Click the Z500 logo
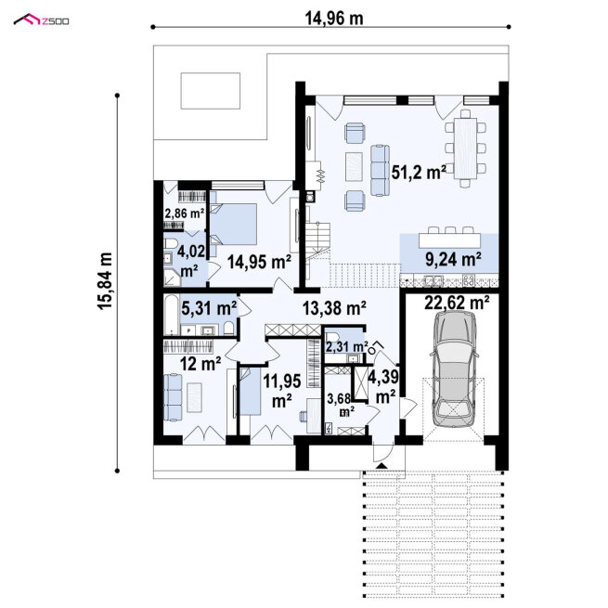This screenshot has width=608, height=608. [41, 20]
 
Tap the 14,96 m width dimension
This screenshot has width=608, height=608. [334, 19]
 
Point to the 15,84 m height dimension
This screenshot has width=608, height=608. [105, 281]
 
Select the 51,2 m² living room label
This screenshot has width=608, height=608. [419, 172]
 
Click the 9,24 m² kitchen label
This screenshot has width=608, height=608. [453, 259]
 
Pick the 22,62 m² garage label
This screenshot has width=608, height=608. [457, 302]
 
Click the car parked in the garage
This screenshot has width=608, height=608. [455, 369]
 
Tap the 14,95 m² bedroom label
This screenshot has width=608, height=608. [259, 262]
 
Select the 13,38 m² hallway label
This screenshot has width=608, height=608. [334, 308]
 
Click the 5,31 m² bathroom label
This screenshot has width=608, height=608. [209, 308]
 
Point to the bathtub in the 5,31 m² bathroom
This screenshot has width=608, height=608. [171, 315]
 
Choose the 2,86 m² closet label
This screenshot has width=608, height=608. [185, 213]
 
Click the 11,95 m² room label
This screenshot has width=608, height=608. [282, 390]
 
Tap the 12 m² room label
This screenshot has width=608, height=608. [201, 363]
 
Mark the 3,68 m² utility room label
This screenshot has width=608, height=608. [340, 405]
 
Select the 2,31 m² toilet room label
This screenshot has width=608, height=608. [346, 346]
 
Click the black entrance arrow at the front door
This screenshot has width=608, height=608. [382, 466]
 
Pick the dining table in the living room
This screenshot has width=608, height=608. [465, 148]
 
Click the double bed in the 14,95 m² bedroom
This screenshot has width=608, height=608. [233, 224]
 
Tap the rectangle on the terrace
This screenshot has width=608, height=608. [211, 91]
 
